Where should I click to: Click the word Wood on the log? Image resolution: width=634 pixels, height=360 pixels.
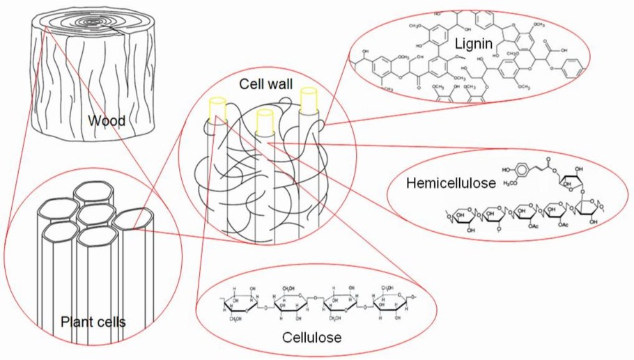(x=107, y=121)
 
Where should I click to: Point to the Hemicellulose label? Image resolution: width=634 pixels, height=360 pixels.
(x=450, y=184)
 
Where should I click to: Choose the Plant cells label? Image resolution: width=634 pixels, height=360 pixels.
(x=93, y=322)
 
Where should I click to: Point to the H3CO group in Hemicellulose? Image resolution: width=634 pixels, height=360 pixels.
(x=511, y=184)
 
